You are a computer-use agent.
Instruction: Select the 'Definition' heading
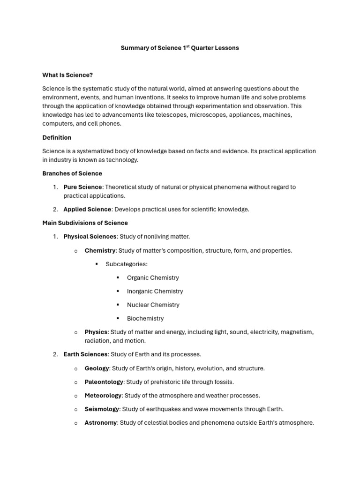click(x=57, y=137)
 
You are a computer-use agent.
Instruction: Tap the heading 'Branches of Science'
click(x=72, y=173)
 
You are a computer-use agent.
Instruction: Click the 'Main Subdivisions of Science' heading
click(x=85, y=223)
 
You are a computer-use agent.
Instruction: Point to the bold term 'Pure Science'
click(x=82, y=187)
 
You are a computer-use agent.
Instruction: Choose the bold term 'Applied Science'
click(x=87, y=210)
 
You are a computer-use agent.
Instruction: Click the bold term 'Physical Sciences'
click(x=90, y=237)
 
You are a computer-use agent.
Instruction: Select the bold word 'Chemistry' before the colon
click(x=100, y=250)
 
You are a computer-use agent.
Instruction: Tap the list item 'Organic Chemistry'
click(x=153, y=277)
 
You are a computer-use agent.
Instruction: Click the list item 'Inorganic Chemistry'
click(x=155, y=291)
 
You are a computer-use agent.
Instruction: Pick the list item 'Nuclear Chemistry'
click(x=153, y=305)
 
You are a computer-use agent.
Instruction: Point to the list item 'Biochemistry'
click(x=145, y=318)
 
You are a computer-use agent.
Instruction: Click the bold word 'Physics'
click(x=96, y=332)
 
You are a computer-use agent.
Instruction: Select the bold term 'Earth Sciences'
click(x=85, y=354)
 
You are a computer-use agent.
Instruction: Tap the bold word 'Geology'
click(x=97, y=368)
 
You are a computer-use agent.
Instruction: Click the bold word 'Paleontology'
click(x=104, y=382)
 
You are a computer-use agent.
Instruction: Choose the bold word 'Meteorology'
click(x=103, y=396)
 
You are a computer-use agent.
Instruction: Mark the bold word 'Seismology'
click(x=102, y=409)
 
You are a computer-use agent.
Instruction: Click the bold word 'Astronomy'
click(x=100, y=423)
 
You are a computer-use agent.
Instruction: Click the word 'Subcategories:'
click(x=127, y=264)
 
